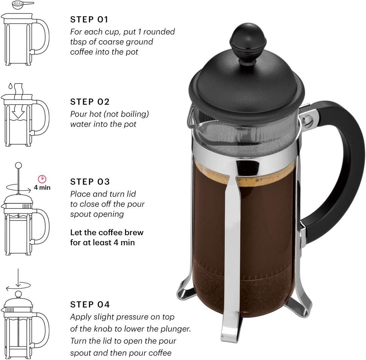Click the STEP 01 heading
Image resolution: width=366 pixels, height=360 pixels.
[89, 20]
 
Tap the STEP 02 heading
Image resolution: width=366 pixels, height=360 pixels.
[90, 102]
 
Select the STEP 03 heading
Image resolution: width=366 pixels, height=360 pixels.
[90, 182]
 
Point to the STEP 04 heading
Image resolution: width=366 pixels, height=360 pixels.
[90, 304]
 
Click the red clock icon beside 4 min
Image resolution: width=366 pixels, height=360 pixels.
[42, 179]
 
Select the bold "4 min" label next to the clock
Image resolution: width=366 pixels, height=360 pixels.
[42, 188]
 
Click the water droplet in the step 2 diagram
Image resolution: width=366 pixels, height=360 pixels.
[10, 86]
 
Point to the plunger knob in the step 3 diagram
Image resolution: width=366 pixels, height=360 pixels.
[19, 165]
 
